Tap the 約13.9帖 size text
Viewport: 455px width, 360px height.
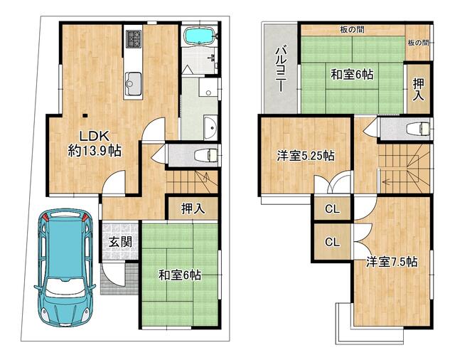pos(94,150)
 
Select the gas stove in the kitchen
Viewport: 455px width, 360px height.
pos(134,38)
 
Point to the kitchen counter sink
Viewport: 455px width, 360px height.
pos(132,85)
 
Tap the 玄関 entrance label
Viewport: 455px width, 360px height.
pos(119,241)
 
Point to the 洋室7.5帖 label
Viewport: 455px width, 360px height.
pos(391,262)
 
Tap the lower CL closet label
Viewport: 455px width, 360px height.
pos(331,242)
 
